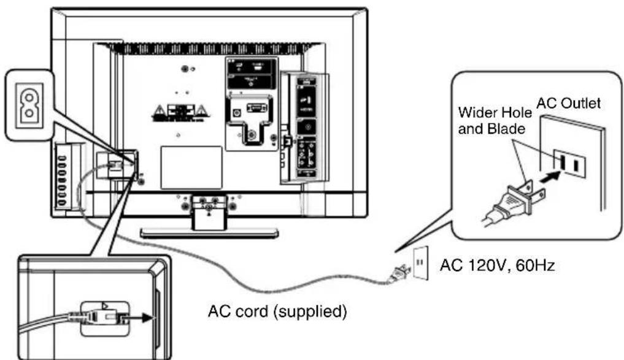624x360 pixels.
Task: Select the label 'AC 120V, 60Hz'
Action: pos(498,267)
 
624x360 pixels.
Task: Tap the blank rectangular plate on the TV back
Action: pos(190,167)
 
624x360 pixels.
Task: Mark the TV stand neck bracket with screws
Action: pos(209,206)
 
